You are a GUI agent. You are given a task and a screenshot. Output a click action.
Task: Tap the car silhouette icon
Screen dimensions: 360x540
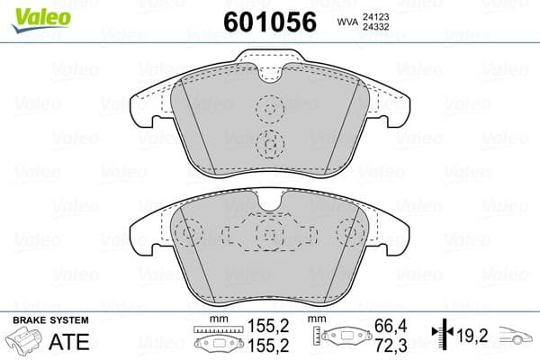(x=517, y=339)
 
